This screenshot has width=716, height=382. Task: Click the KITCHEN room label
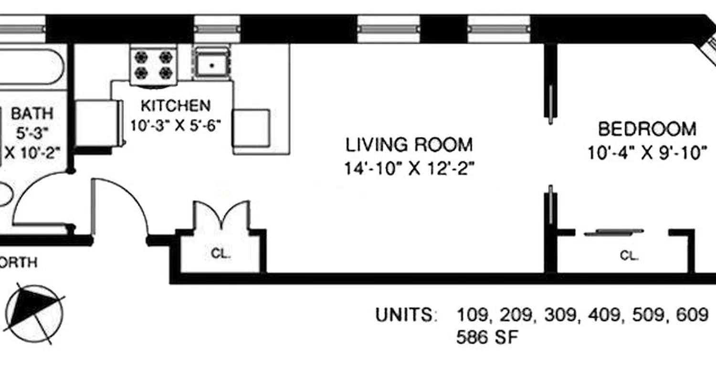click(x=175, y=105)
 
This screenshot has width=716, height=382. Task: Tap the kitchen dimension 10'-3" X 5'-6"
click(x=175, y=126)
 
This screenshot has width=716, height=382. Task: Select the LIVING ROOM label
click(x=409, y=144)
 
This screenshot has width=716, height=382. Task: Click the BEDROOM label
click(x=647, y=129)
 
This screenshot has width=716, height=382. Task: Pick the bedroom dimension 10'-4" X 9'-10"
click(x=647, y=153)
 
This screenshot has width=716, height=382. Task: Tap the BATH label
click(x=32, y=114)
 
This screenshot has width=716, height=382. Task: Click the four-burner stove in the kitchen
click(x=153, y=65)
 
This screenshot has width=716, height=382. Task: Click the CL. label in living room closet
click(x=221, y=254)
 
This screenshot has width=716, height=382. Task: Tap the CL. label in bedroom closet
click(x=629, y=256)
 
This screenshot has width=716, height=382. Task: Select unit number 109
click(x=473, y=315)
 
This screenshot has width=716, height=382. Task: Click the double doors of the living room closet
click(x=221, y=215)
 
